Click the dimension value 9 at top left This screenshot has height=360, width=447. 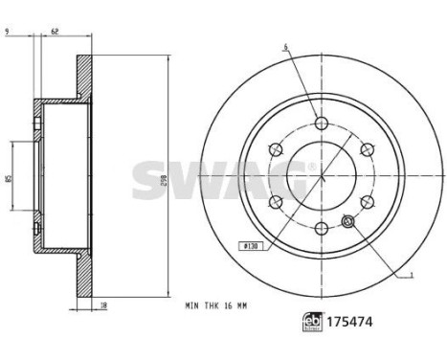tap(7, 32)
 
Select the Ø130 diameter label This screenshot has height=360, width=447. tap(252, 246)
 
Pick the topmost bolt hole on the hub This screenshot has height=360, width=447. tap(321, 123)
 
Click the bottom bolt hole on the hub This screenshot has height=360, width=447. tap(321, 227)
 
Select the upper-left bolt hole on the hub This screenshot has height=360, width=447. tap(276, 148)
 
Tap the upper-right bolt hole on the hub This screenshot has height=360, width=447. tap(366, 148)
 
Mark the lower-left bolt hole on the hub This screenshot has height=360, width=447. tap(276, 201)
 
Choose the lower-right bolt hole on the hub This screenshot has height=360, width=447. tap(366, 201)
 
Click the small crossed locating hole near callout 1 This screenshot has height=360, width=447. tap(347, 223)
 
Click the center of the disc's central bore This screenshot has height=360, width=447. tap(321, 175)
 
